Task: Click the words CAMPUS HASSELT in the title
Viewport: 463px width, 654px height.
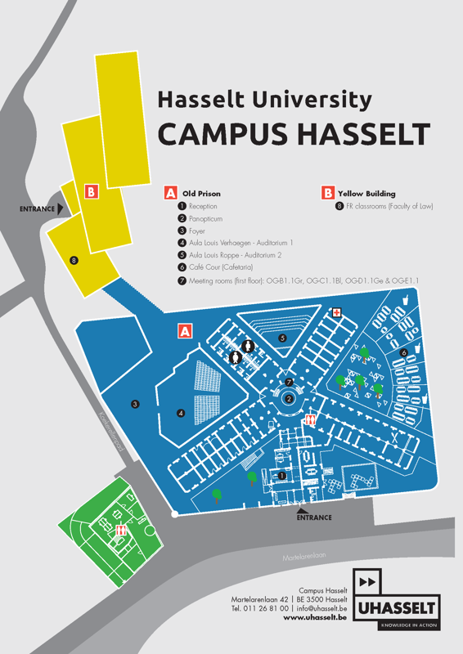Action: coord(293,133)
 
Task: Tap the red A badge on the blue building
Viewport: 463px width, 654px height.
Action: coord(185,331)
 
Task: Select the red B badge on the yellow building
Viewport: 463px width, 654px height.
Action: coord(92,192)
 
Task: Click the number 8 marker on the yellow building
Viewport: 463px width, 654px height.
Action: coord(74,261)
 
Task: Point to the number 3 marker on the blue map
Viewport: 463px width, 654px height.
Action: coord(135,403)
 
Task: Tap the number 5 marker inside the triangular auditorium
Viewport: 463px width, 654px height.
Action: coord(282,338)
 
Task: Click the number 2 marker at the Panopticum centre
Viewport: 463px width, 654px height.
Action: coord(289,399)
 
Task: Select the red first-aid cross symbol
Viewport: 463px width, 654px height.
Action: coord(335,313)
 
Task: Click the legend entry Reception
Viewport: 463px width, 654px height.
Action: coord(202,207)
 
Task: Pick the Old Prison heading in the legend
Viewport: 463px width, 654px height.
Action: coord(200,194)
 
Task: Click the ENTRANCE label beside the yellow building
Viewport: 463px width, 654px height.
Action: coord(37,209)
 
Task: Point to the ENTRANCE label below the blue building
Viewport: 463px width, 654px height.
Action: coord(314,517)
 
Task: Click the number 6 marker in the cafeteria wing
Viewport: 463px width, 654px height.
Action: coord(403,352)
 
